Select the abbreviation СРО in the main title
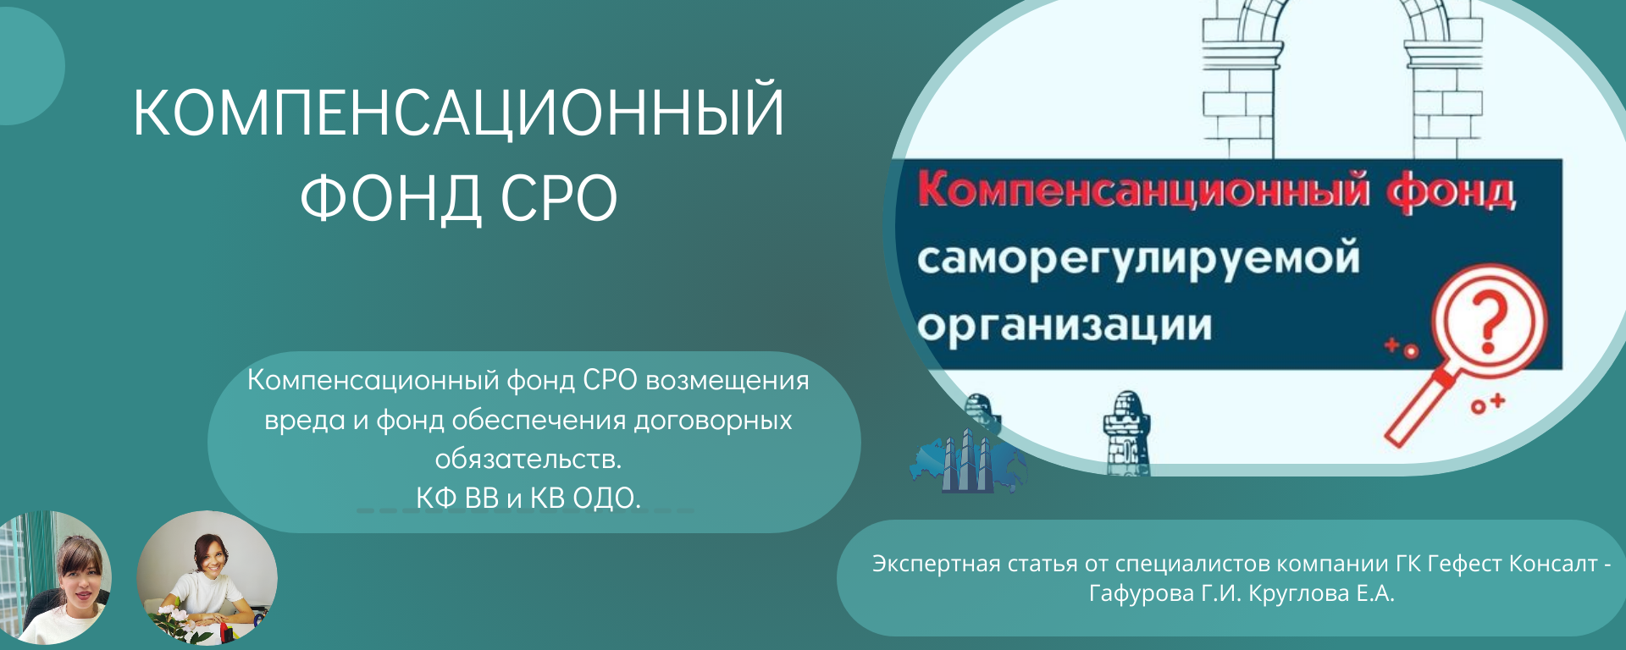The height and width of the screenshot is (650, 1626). coord(559,197)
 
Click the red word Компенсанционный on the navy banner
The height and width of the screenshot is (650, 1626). coord(1143,190)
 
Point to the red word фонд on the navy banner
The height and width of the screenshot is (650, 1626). coord(1451,191)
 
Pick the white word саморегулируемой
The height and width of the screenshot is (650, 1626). coord(1138,259)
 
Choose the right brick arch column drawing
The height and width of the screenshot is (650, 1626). coord(1443,80)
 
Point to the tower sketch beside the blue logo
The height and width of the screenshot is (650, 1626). coord(1126,433)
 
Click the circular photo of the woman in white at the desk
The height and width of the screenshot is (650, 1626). coord(207,580)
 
